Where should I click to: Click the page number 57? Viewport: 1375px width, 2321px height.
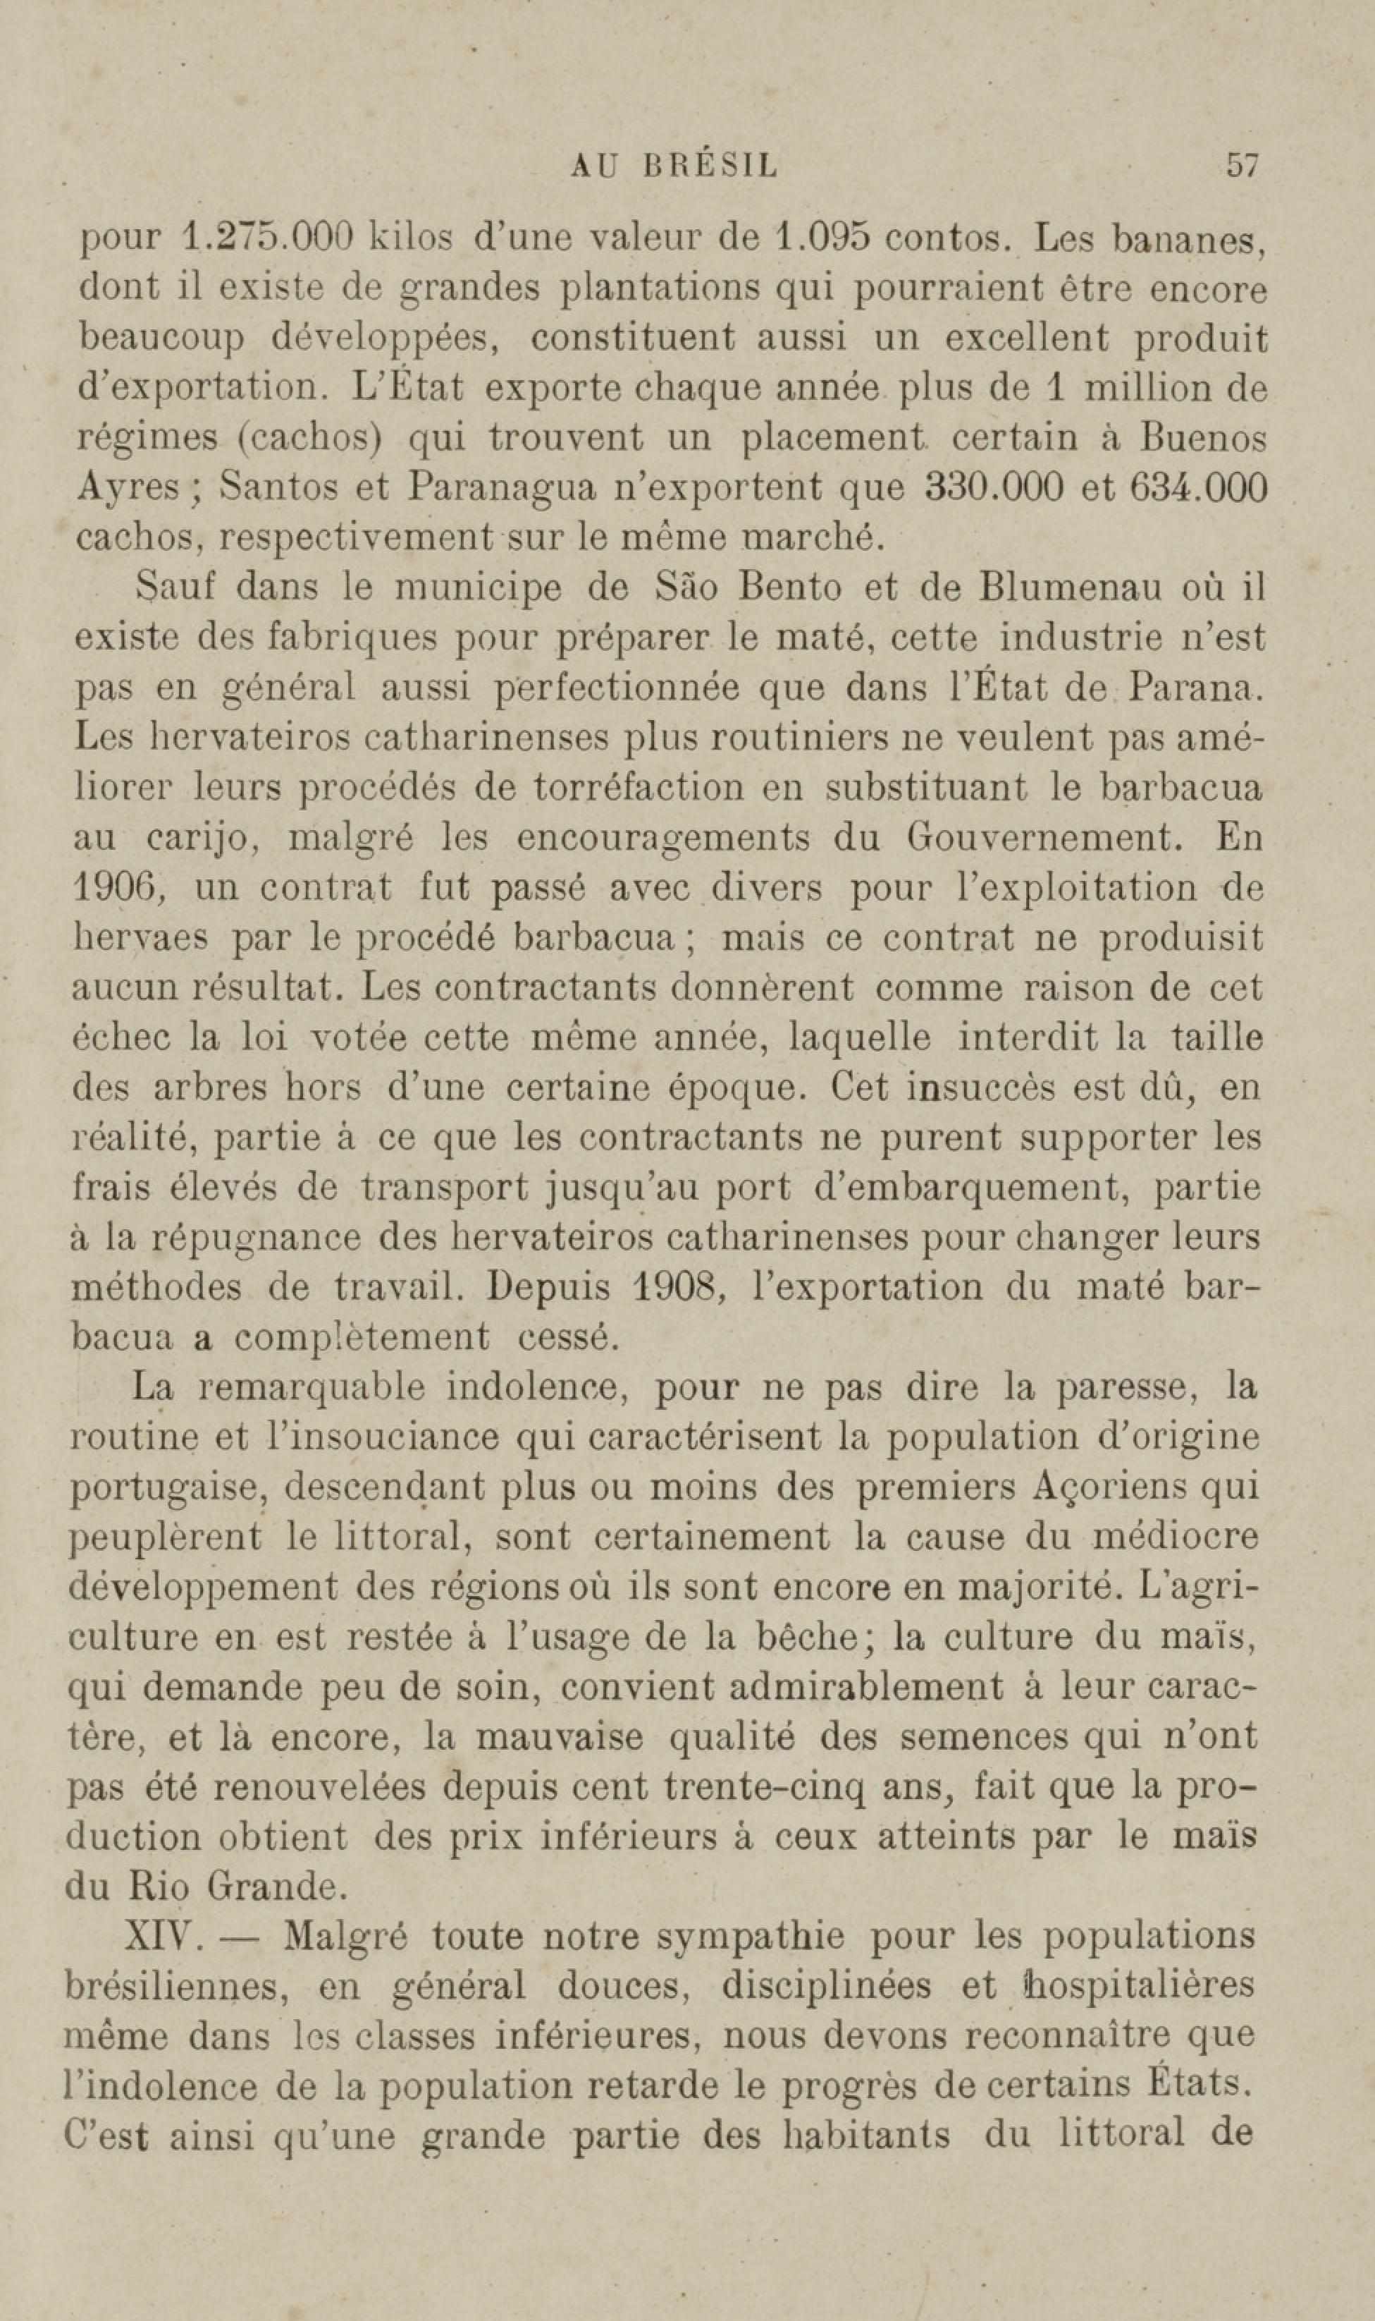pyautogui.click(x=1243, y=166)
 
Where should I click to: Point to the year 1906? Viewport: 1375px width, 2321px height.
pyautogui.click(x=118, y=888)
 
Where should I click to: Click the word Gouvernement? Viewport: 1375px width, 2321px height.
pyautogui.click(x=1044, y=838)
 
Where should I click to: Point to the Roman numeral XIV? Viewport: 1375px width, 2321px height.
pyautogui.click(x=163, y=1937)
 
